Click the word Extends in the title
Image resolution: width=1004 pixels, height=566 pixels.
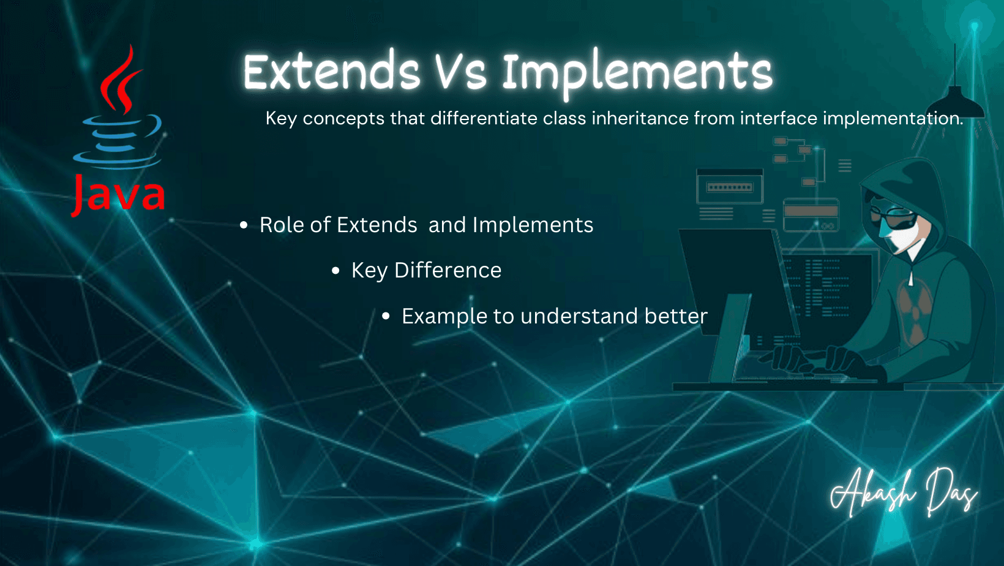point(331,71)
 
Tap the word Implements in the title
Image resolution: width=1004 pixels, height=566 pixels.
point(637,75)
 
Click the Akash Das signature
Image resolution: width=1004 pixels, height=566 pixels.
point(904,493)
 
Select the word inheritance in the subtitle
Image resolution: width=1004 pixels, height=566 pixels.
point(640,118)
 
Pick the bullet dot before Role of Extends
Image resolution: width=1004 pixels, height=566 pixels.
point(244,225)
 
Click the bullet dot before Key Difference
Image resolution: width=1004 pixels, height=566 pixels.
point(335,270)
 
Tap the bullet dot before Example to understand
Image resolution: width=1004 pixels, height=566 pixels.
point(386,316)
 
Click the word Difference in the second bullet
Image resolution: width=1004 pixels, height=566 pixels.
point(448,270)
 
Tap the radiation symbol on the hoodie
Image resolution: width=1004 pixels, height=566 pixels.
point(915,309)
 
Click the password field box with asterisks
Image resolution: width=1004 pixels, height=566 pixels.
point(730,187)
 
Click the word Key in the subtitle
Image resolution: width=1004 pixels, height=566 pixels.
point(280,118)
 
